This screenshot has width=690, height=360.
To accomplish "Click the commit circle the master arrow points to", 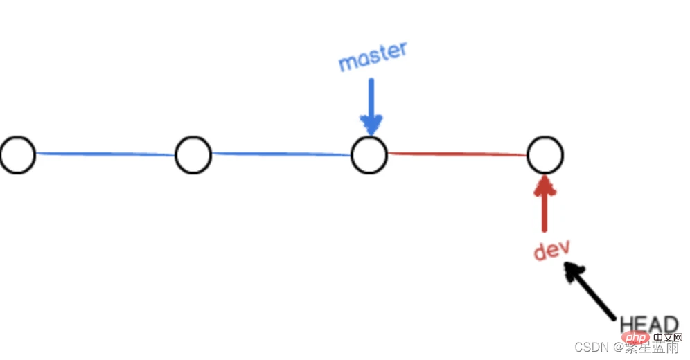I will pyautogui.click(x=369, y=154).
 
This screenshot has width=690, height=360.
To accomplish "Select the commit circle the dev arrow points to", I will pyautogui.click(x=545, y=154).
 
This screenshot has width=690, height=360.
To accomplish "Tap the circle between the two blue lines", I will pyautogui.click(x=193, y=154).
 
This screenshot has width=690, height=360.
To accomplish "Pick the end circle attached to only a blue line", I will pyautogui.click(x=17, y=154).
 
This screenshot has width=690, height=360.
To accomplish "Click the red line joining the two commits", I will pyautogui.click(x=457, y=154).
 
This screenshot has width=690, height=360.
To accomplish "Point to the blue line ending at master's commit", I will pyautogui.click(x=281, y=154).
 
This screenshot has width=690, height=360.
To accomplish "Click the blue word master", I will pyautogui.click(x=373, y=57).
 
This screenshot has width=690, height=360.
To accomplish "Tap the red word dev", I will pyautogui.click(x=551, y=250).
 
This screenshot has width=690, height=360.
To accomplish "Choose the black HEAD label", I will pyautogui.click(x=648, y=324).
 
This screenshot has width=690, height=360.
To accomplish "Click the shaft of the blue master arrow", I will pyautogui.click(x=371, y=97).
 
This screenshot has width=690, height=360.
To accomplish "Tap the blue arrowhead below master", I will pyautogui.click(x=372, y=125).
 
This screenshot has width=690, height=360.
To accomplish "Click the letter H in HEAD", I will pyautogui.click(x=627, y=324).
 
